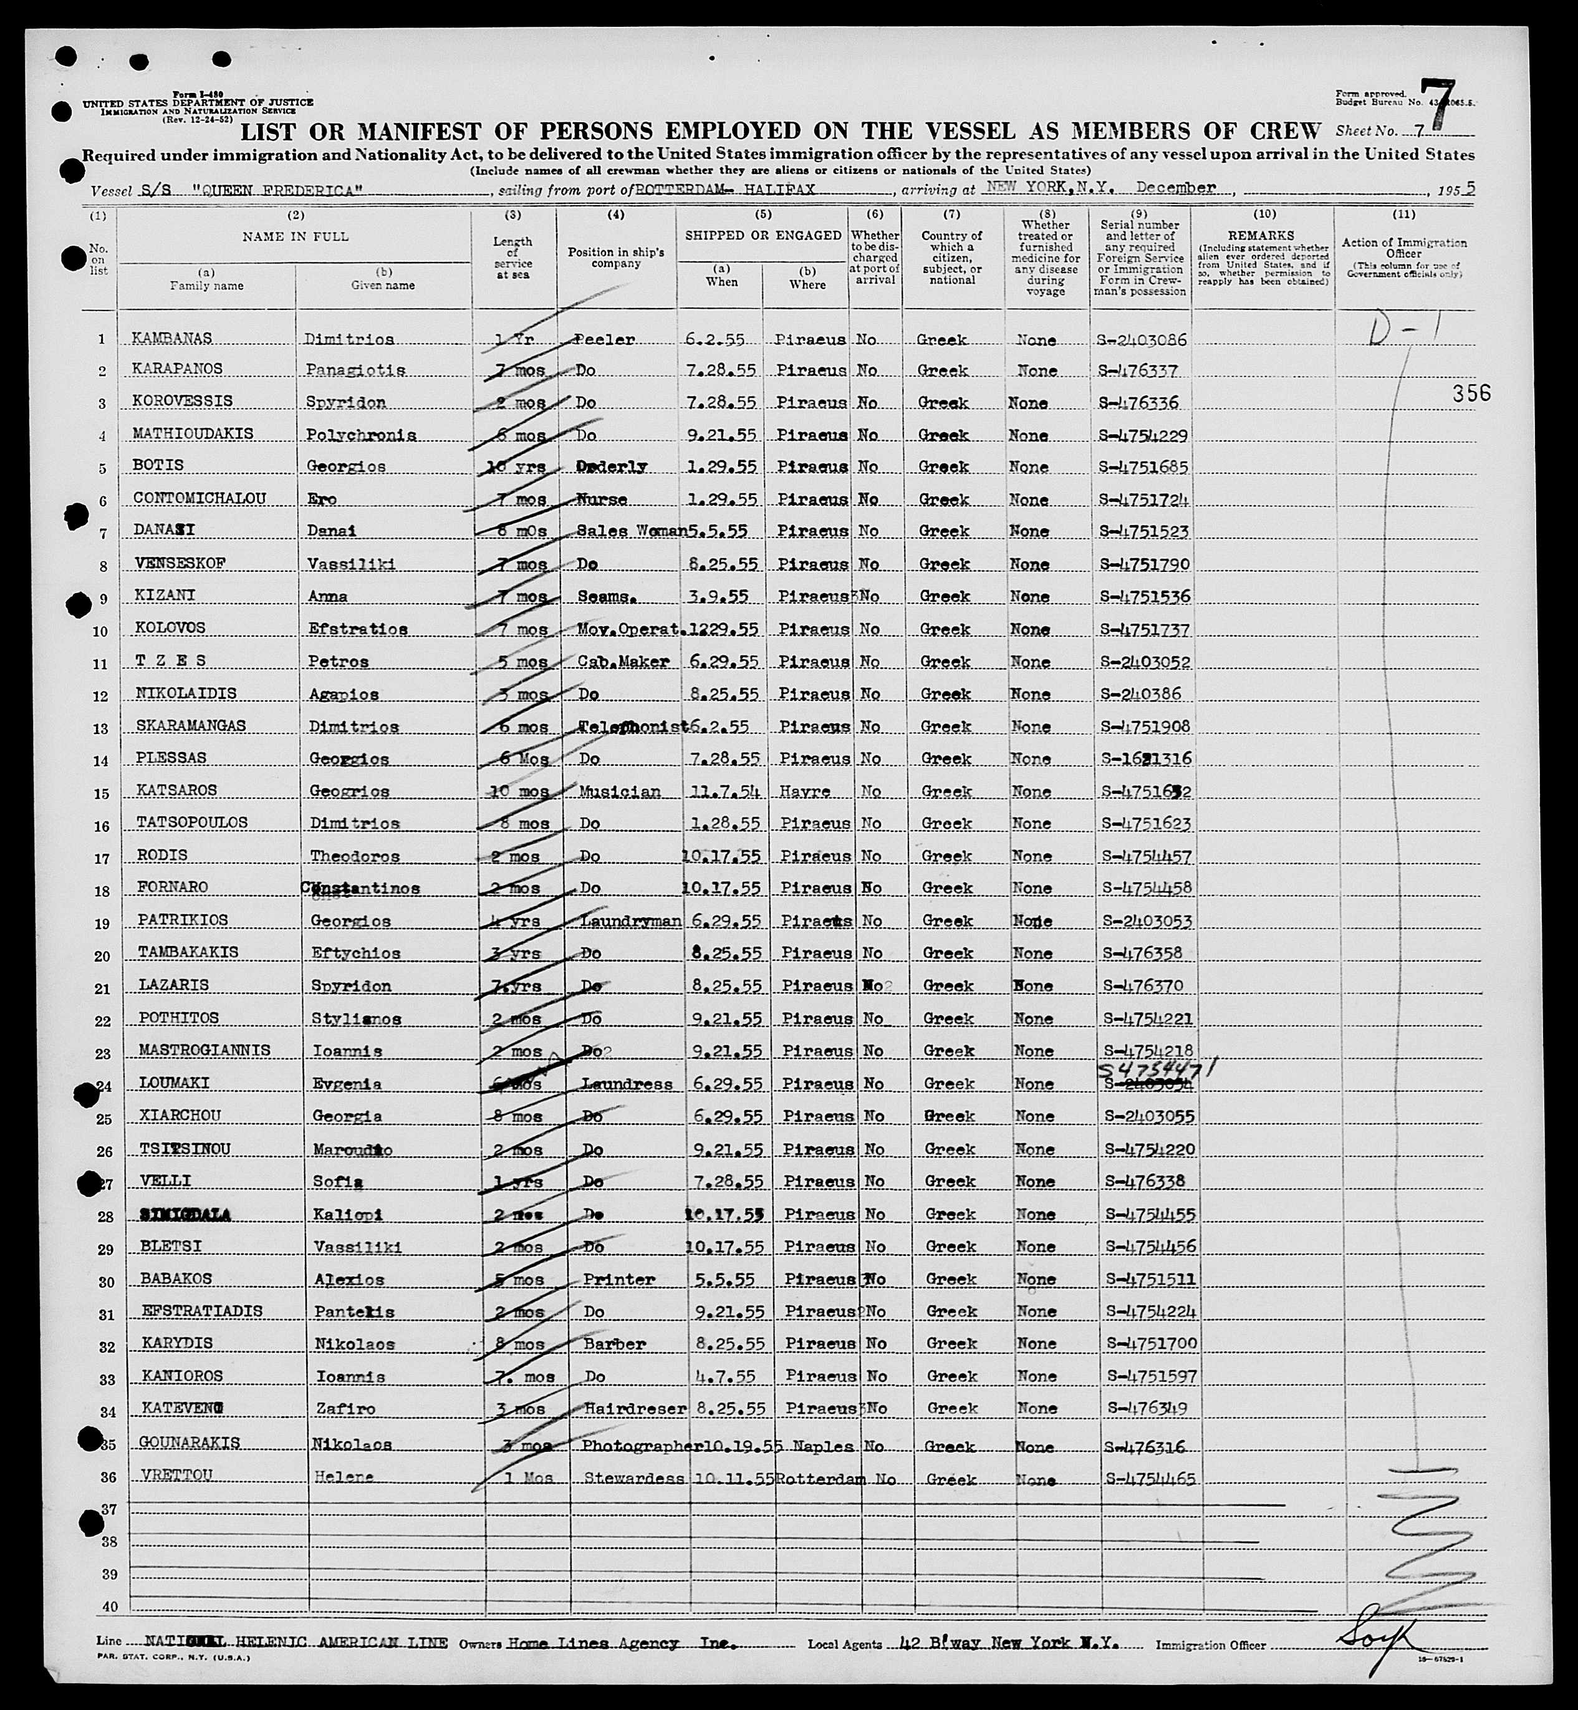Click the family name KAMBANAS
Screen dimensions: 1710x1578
click(166, 338)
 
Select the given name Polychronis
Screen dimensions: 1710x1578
click(360, 435)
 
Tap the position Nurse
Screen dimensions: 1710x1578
click(602, 500)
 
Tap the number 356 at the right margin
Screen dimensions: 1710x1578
click(1472, 393)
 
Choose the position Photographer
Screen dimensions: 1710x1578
click(636, 1446)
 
